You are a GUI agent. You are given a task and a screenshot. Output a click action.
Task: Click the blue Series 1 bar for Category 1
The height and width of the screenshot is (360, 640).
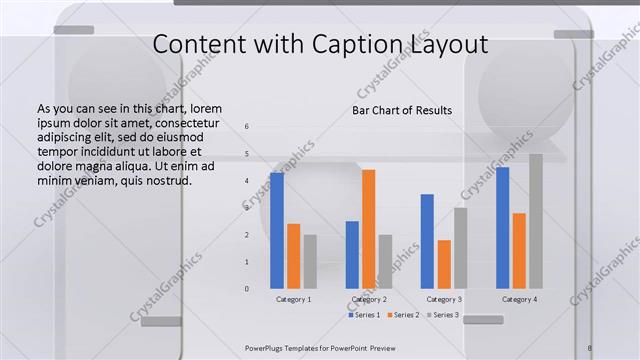tap(277, 230)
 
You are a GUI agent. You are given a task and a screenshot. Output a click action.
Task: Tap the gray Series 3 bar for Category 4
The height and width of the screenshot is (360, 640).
tap(536, 221)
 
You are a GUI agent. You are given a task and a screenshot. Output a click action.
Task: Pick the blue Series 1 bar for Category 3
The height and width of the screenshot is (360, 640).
tap(427, 241)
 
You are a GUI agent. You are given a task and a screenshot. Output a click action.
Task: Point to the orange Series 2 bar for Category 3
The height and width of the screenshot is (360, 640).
tap(444, 264)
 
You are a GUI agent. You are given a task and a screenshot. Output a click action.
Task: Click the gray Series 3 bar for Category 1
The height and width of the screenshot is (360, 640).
tap(310, 261)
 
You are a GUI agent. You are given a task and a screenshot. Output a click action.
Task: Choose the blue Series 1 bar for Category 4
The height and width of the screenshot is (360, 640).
tap(502, 227)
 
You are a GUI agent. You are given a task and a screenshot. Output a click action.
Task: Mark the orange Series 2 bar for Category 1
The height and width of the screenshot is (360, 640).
tap(293, 256)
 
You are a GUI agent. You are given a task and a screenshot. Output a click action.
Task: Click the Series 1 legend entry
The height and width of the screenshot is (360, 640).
tap(364, 315)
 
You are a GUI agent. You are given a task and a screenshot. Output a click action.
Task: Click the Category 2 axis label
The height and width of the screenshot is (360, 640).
tap(369, 299)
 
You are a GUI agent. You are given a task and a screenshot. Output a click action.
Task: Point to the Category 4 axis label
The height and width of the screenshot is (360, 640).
tap(519, 299)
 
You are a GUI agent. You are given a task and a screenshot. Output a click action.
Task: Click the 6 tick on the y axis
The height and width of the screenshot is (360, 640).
tap(247, 126)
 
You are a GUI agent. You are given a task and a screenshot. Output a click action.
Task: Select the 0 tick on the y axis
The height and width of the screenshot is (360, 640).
tap(247, 289)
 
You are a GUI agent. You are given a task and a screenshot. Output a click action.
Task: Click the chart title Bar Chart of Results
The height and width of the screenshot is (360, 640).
tap(402, 110)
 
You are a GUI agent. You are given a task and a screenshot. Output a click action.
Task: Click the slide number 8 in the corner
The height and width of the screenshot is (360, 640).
tap(590, 347)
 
